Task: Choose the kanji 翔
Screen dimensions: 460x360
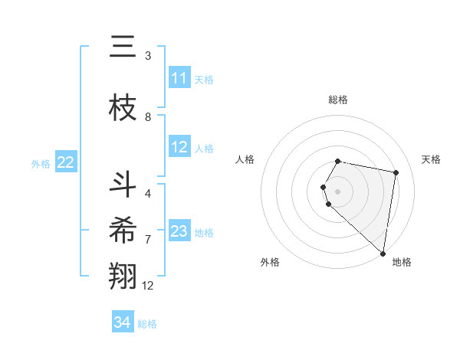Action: tap(123, 277)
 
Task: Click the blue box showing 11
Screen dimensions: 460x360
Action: tap(179, 78)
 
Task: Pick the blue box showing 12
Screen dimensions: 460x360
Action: tap(179, 147)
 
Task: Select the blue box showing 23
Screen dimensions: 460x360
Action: tap(179, 231)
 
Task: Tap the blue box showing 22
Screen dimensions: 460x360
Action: tap(66, 162)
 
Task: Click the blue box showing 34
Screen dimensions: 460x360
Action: tap(123, 322)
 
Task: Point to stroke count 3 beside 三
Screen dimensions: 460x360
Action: tap(148, 56)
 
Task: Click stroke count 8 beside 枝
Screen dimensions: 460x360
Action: tap(148, 117)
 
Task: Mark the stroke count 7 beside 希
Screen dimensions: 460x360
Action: tap(148, 240)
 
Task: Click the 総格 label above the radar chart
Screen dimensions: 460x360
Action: tap(338, 100)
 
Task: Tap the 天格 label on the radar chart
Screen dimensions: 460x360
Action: tap(431, 159)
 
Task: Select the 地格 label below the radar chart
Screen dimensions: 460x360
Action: tap(402, 262)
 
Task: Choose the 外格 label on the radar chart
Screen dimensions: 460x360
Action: tap(270, 262)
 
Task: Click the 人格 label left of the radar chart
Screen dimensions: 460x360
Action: tap(245, 159)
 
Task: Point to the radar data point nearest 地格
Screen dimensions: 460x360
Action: tap(383, 253)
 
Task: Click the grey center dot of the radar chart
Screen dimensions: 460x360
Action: tap(338, 191)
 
